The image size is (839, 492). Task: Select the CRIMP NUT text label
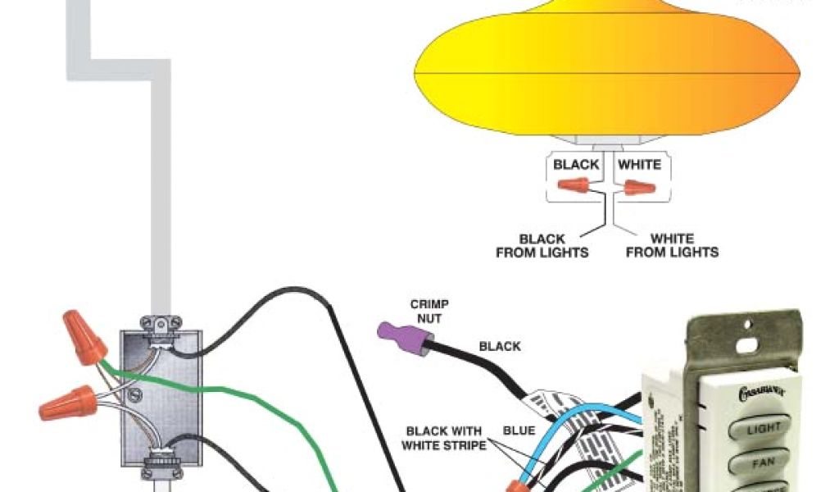(x=429, y=310)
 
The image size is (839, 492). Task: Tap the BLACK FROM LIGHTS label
(x=542, y=246)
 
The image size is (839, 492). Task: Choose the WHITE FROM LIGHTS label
(x=672, y=246)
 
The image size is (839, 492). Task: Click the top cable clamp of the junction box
(x=159, y=326)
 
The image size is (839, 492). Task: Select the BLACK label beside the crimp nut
(x=500, y=346)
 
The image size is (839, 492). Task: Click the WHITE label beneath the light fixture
(x=639, y=165)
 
